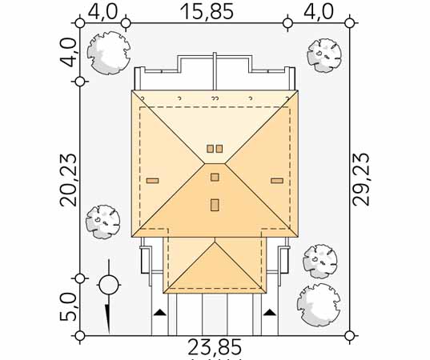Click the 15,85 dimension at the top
(207, 11)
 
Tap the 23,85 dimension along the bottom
(215, 347)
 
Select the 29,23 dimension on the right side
(361, 179)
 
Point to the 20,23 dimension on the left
(68, 179)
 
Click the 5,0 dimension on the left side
(68, 306)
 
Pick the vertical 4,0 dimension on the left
(68, 52)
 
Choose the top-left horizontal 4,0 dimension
(102, 11)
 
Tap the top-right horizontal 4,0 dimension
(319, 11)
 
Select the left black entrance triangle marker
(160, 312)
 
